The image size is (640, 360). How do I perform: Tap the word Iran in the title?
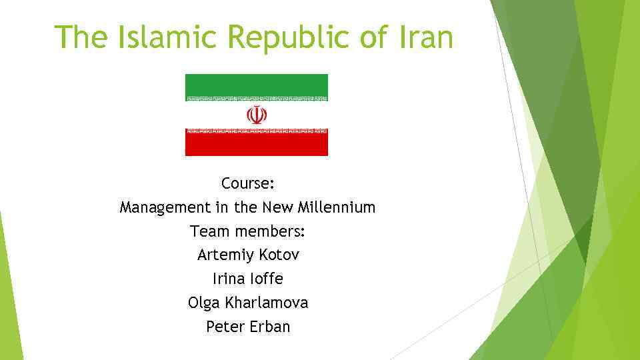pos(427,37)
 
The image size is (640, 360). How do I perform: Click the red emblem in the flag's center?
pos(257,115)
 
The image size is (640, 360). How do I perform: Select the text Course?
pos(248,183)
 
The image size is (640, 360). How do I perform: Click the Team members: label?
pos(247,231)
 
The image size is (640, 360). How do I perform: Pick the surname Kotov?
pos(280,255)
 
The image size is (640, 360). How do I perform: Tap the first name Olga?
pos(204,303)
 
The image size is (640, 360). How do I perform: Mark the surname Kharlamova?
pos(267,303)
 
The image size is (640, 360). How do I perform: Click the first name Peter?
pos(225,327)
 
